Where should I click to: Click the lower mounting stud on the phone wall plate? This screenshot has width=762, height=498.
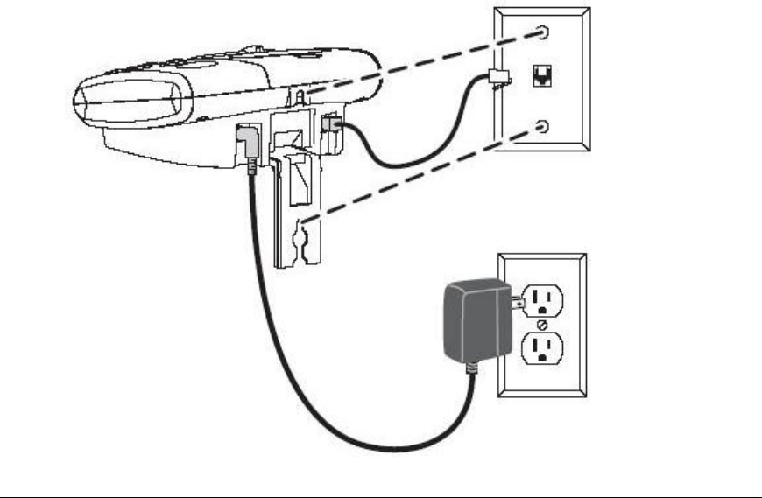click(544, 128)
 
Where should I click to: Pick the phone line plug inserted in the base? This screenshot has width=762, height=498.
click(332, 127)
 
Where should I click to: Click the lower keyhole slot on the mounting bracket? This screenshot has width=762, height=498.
click(303, 235)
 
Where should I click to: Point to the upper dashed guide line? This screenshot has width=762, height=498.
click(420, 62)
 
